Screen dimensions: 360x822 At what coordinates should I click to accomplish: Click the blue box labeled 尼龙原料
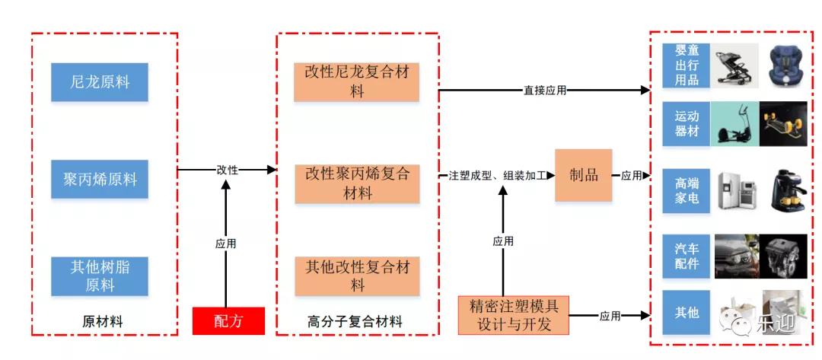tap(100, 82)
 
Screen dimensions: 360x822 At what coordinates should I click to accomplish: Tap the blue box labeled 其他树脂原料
tap(100, 276)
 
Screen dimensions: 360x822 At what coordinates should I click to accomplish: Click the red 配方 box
tap(228, 320)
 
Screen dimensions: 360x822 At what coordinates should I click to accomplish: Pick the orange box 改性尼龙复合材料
tap(357, 82)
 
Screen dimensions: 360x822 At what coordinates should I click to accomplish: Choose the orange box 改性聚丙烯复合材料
tap(357, 183)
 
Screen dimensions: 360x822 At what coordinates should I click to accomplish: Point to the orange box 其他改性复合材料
tap(357, 276)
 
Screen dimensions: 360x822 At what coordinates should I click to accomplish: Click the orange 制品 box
tap(584, 175)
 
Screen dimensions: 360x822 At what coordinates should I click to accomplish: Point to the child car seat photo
tap(788, 65)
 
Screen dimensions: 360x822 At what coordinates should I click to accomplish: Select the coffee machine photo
tap(788, 190)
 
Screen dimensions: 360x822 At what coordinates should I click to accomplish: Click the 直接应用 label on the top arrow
tap(545, 91)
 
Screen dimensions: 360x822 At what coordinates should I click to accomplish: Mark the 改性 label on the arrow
tap(227, 170)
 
